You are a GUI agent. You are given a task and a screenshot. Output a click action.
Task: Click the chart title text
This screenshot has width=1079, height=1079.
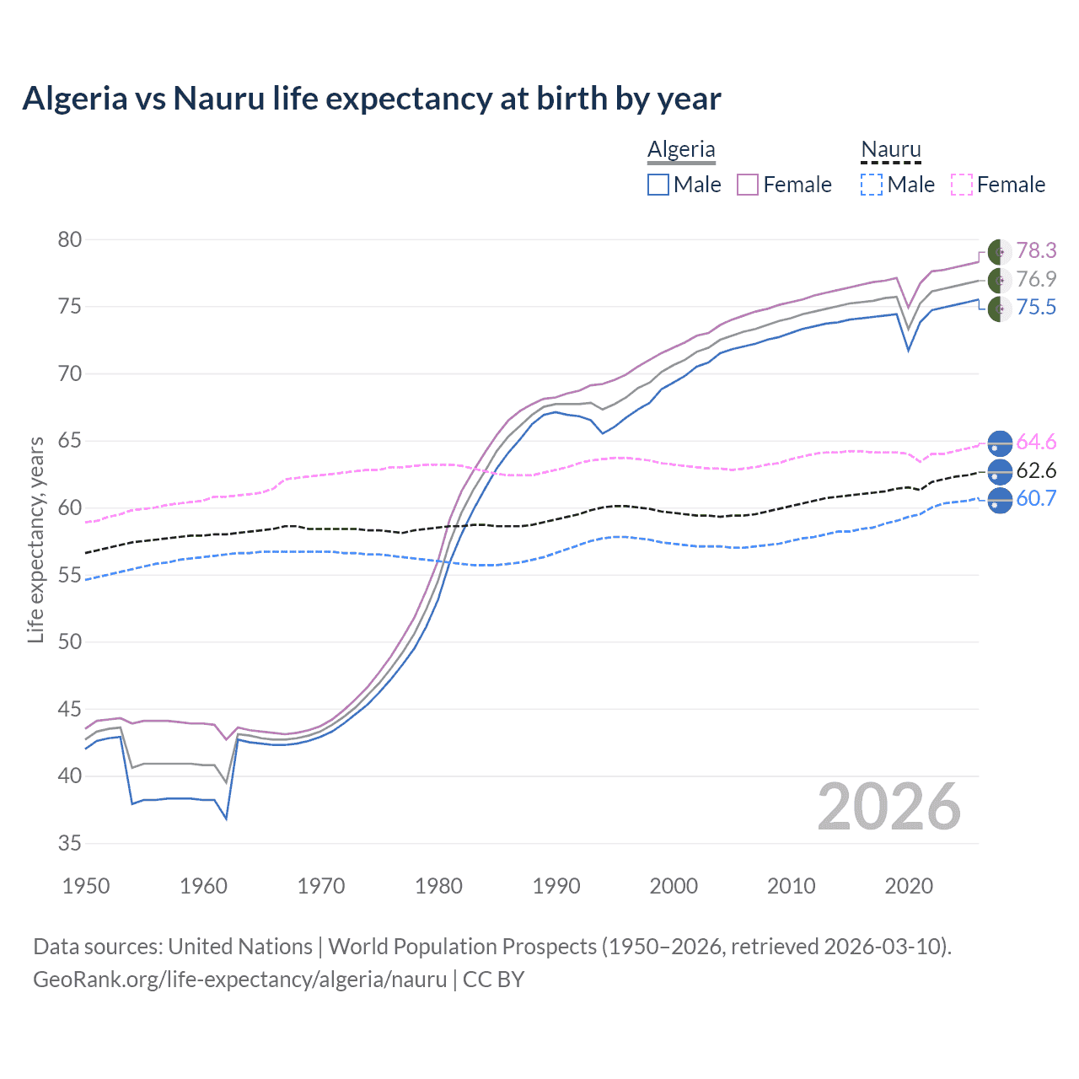(x=371, y=99)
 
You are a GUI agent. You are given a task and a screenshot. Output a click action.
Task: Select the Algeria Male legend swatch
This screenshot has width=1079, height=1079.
(x=658, y=185)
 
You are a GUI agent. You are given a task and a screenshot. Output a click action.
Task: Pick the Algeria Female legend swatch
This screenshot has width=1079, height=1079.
(x=748, y=185)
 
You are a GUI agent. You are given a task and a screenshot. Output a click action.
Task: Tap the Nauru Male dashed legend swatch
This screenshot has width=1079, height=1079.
(x=872, y=185)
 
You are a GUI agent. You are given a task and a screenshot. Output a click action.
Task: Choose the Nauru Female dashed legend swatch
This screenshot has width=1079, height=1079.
(x=961, y=185)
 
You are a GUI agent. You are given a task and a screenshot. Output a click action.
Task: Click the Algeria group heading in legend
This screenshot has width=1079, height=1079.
(x=681, y=150)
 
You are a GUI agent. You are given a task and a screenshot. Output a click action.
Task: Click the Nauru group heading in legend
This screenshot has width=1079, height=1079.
(x=891, y=150)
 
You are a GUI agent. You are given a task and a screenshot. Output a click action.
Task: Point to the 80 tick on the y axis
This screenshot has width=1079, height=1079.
(x=70, y=239)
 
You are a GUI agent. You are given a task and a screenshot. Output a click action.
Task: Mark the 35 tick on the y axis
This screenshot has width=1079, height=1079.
(x=70, y=843)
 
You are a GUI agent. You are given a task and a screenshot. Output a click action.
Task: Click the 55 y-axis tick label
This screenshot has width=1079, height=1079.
(x=70, y=575)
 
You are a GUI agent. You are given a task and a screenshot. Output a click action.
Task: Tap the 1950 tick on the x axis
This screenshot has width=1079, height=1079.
(x=86, y=886)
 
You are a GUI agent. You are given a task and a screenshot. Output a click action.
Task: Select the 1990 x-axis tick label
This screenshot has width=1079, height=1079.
(x=556, y=886)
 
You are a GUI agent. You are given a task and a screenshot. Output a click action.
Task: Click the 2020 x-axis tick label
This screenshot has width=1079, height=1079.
(x=909, y=886)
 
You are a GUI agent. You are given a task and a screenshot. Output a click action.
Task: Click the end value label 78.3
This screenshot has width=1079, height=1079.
(x=1036, y=250)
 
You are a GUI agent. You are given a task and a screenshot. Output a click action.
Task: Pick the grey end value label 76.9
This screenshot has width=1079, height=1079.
(x=1036, y=279)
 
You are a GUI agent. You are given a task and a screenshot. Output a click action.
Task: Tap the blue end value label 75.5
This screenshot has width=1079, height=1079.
(x=1036, y=307)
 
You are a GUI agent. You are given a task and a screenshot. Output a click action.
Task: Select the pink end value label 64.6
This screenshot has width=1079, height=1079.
(x=1036, y=442)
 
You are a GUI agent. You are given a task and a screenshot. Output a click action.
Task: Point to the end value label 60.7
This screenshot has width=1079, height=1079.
(x=1036, y=498)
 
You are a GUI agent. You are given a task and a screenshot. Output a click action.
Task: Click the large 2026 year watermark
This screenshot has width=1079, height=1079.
(x=889, y=808)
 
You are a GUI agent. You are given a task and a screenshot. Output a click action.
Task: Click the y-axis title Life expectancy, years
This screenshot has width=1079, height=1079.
(x=35, y=539)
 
